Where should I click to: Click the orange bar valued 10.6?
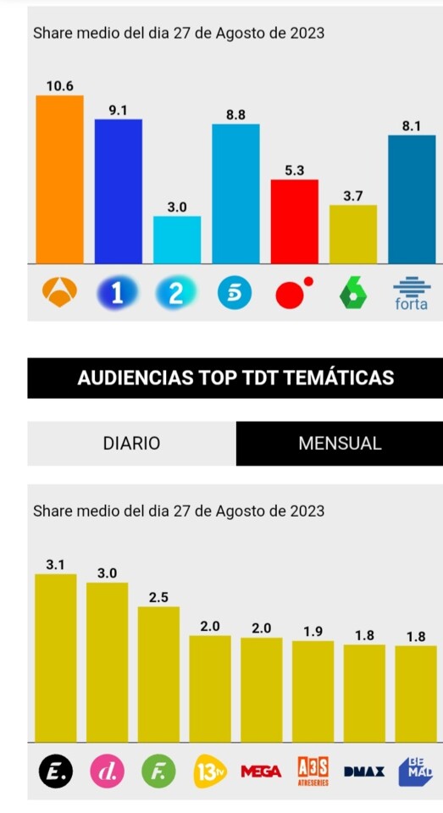(59, 180)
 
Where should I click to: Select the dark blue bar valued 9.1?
(119, 191)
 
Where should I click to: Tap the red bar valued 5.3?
(295, 221)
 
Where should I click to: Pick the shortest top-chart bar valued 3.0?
(177, 240)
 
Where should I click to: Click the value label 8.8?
(235, 115)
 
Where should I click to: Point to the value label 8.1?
(412, 126)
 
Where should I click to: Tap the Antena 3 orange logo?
(59, 292)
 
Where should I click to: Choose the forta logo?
(412, 294)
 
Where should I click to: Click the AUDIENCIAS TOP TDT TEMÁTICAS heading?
(235, 378)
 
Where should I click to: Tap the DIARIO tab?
(132, 443)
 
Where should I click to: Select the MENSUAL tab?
(340, 443)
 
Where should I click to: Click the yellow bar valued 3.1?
(56, 658)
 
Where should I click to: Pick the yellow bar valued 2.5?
(158, 674)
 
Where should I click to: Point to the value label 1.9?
(313, 632)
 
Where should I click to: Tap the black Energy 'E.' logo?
(56, 771)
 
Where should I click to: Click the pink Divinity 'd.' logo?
(107, 771)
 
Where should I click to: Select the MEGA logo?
(262, 772)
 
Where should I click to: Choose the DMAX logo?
(364, 772)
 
